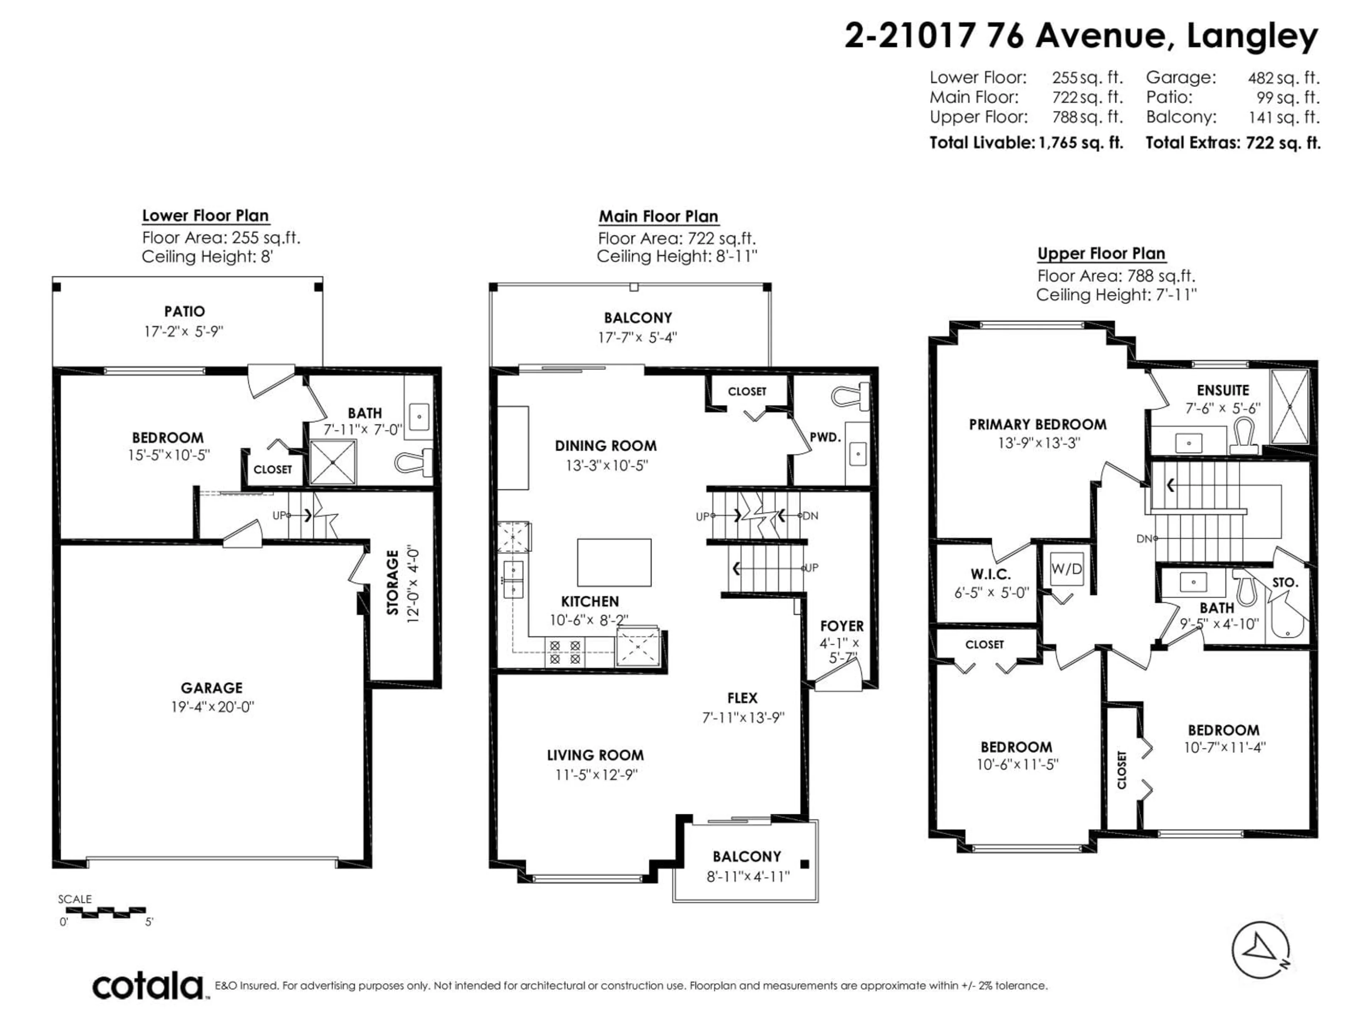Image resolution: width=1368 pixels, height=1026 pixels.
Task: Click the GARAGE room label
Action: pos(212,688)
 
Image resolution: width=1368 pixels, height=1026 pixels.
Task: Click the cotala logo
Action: pos(149,986)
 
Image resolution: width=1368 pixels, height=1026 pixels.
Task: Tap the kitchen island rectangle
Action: pos(614,562)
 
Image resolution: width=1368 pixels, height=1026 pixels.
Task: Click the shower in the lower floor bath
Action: pos(333,462)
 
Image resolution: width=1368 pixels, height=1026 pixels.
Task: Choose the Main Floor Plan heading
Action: pos(658,217)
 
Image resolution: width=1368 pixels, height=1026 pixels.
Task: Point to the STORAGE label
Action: pos(393,582)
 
